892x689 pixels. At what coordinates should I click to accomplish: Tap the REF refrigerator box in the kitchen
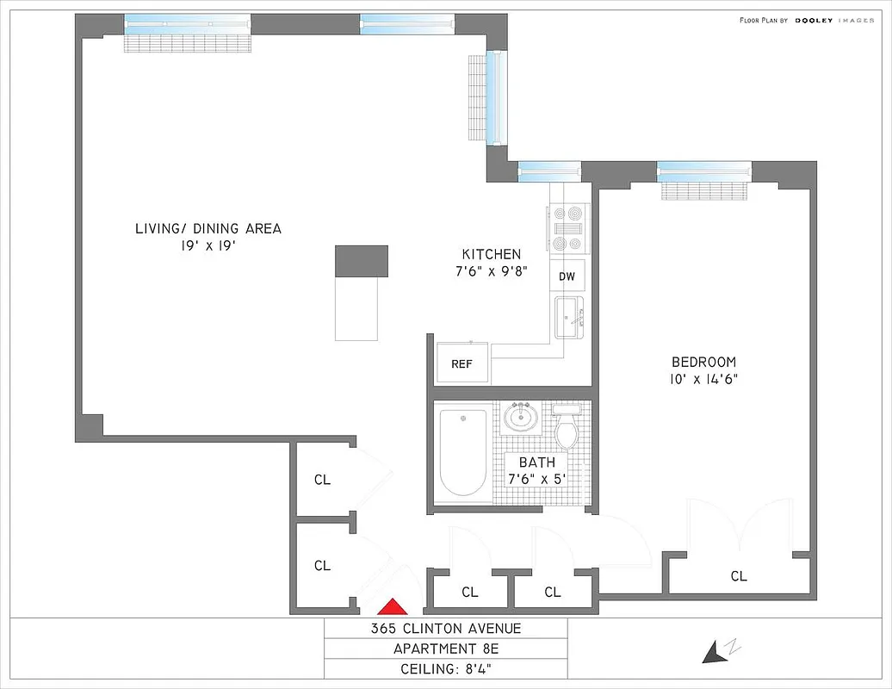point(462,363)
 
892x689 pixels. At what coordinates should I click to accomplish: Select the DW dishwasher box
point(567,276)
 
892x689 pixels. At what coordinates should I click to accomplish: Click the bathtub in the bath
point(463,452)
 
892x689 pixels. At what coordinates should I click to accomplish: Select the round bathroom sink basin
point(521,418)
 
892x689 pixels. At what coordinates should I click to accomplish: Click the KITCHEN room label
point(492,254)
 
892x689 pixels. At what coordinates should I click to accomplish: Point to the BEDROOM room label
point(704,362)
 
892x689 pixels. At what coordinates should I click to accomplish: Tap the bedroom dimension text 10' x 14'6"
point(704,378)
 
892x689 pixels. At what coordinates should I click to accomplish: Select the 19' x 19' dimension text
point(208,245)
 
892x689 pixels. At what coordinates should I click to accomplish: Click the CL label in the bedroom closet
point(739,576)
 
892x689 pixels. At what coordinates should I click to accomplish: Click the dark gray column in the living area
point(362,260)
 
